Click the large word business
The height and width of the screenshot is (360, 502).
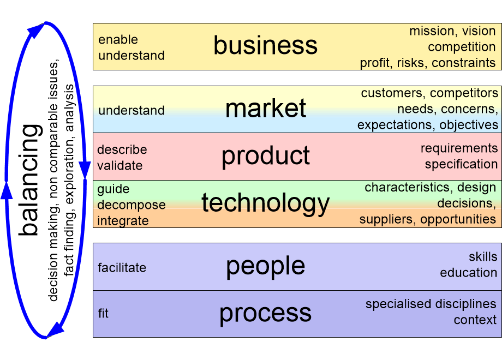(x=265, y=45)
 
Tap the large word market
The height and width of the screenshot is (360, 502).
(x=266, y=108)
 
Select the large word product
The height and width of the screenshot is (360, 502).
(x=266, y=157)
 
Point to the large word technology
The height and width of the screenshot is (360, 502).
(x=265, y=203)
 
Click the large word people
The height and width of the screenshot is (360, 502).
(x=266, y=267)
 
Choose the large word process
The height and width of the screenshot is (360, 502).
(x=265, y=314)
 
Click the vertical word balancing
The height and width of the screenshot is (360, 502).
(x=30, y=180)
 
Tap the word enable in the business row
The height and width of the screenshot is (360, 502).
(x=118, y=40)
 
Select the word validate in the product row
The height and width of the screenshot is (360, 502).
(x=119, y=165)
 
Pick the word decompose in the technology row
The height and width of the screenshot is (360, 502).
(x=132, y=205)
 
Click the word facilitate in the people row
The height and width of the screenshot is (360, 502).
(x=122, y=267)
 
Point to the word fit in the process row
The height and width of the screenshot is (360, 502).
(x=104, y=313)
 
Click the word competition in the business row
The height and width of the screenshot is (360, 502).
(x=462, y=47)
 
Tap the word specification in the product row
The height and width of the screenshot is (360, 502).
(x=461, y=165)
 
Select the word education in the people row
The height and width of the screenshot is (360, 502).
(x=468, y=273)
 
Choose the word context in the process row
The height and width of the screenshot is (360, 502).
(x=475, y=320)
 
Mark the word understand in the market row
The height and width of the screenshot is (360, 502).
(x=132, y=110)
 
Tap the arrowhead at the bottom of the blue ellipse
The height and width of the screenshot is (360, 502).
(x=55, y=329)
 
